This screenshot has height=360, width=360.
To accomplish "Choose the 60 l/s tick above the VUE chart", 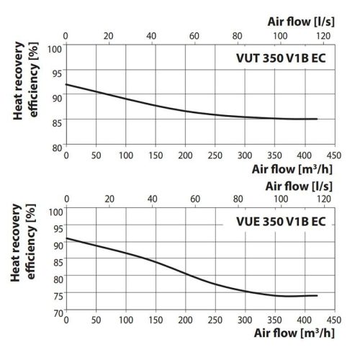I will pos(194,198).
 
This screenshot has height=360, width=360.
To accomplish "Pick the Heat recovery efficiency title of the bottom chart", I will pos(25,261).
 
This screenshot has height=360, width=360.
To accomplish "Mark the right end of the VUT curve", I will pos(316,119).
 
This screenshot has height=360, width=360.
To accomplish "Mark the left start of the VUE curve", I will pos(66,238).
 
